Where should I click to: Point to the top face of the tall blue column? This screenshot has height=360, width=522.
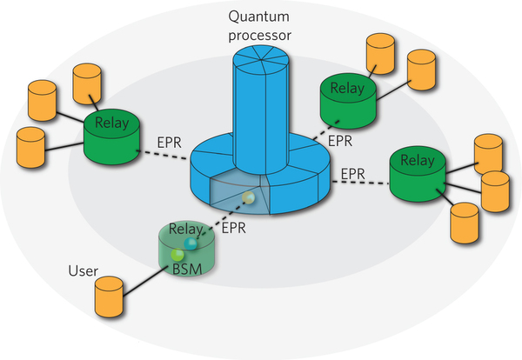point(260,57)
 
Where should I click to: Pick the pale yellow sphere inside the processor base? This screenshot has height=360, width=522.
point(250,198)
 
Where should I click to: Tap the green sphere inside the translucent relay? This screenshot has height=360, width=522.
point(178,255)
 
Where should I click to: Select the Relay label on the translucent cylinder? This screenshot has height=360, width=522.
point(184,230)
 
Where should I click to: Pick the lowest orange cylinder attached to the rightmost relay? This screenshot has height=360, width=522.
point(467,223)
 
